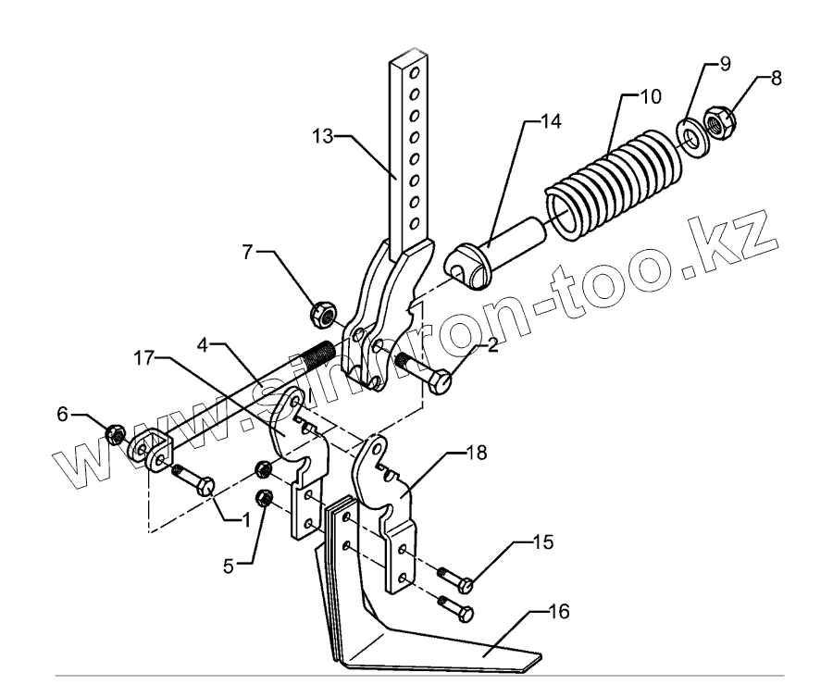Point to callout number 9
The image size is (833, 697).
click(725, 65)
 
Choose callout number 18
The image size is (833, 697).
click(477, 454)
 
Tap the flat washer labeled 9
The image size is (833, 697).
click(690, 133)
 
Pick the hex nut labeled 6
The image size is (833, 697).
click(116, 432)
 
